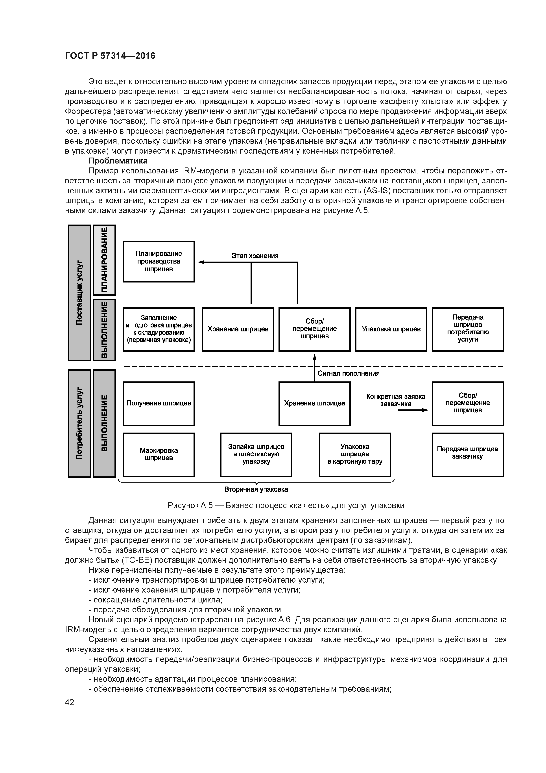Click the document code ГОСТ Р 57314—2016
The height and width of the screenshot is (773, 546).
(x=110, y=56)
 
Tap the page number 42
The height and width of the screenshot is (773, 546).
(x=69, y=702)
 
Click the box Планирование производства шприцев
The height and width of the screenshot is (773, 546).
(x=159, y=261)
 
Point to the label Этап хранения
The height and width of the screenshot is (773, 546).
(x=255, y=256)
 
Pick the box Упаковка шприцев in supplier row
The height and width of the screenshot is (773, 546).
(x=391, y=329)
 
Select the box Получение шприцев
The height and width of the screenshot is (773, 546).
(x=159, y=403)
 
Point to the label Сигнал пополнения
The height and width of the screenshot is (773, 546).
(x=348, y=373)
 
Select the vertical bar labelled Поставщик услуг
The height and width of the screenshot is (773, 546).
(x=79, y=293)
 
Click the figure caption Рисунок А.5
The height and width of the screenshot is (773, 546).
(x=286, y=506)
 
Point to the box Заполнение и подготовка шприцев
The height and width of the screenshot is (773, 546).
(x=159, y=329)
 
